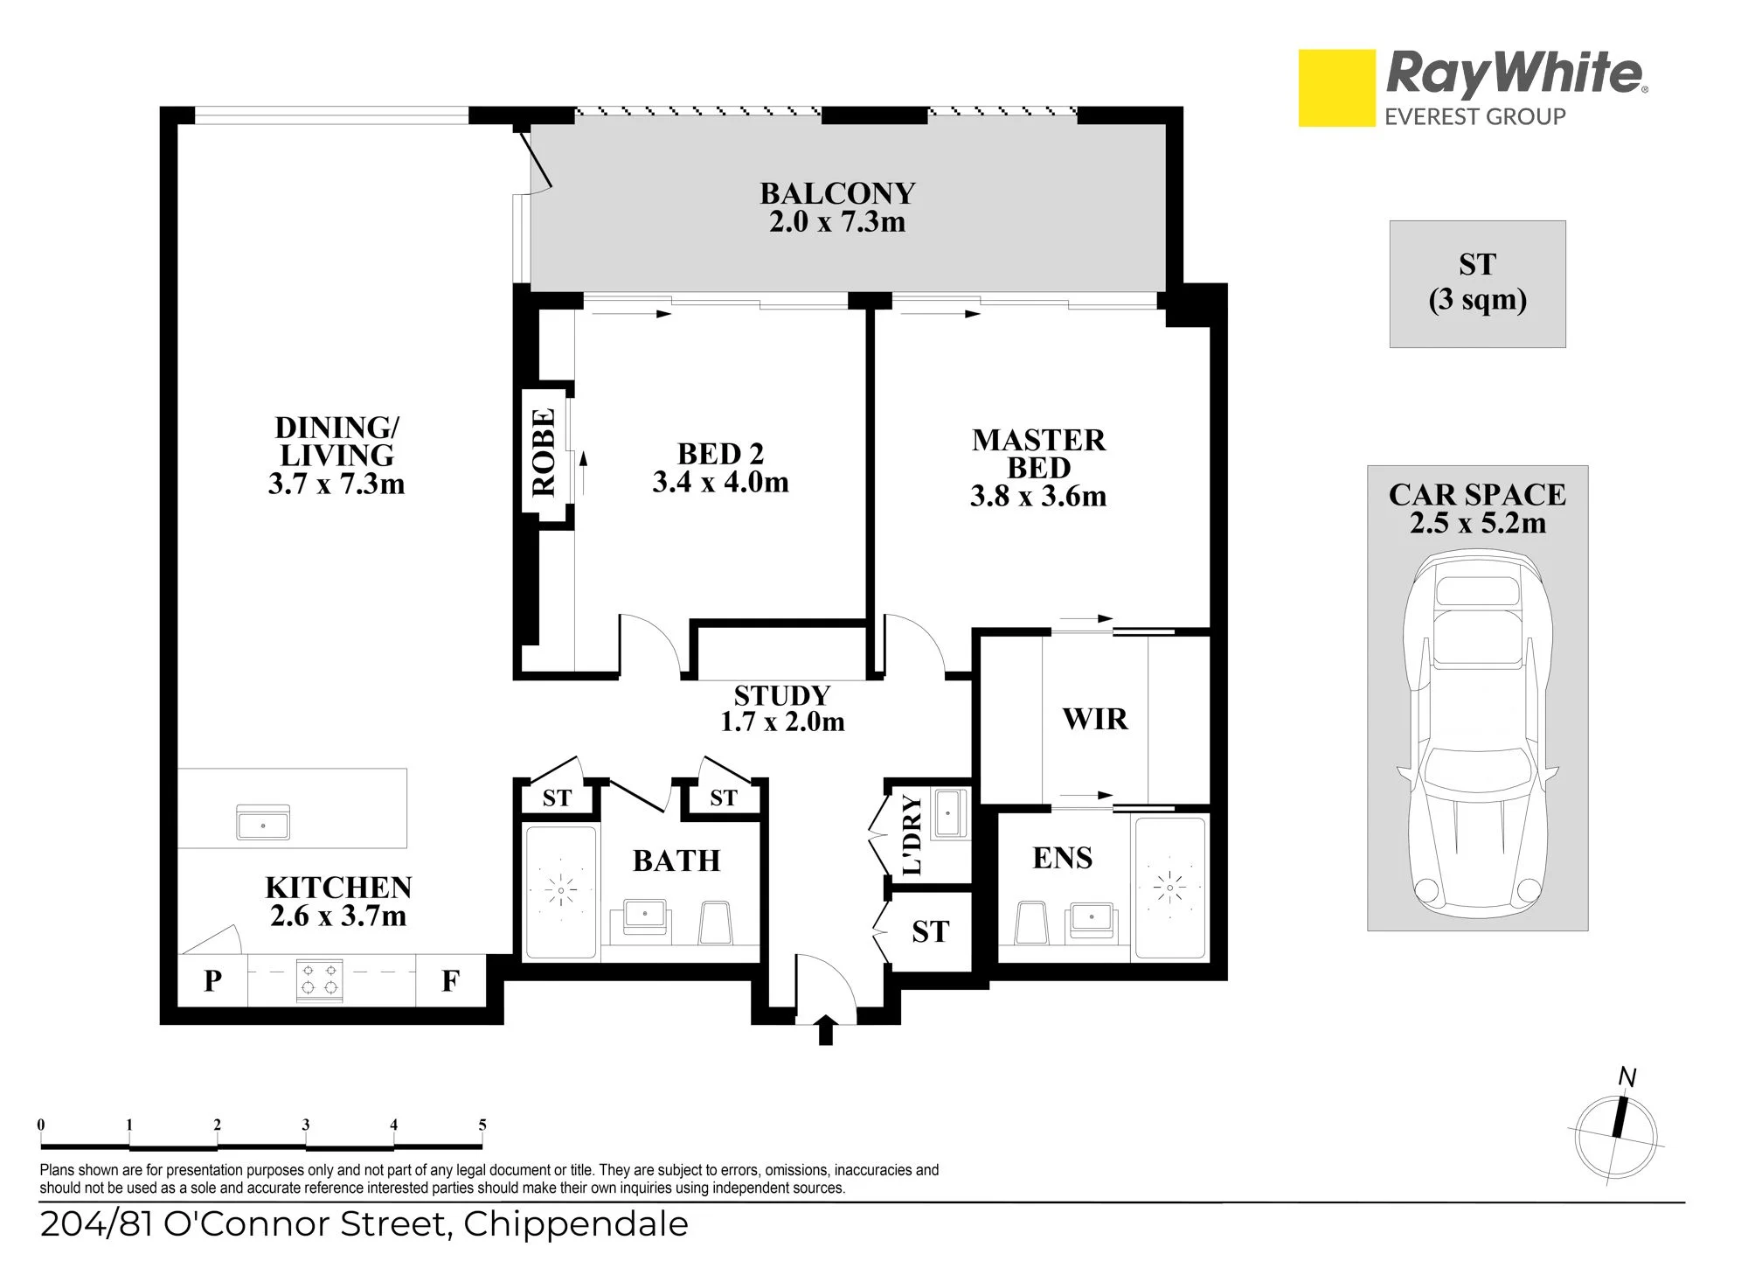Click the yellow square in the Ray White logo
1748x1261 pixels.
1336,87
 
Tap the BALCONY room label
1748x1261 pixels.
837,193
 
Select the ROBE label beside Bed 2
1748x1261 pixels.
544,452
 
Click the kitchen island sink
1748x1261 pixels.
263,823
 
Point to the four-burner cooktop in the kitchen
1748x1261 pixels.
320,980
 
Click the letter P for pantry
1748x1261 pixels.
212,981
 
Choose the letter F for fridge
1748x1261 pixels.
450,981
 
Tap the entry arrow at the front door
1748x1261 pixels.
825,1029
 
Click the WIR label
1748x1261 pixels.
1095,719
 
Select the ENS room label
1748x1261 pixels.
1063,858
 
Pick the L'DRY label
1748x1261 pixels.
912,834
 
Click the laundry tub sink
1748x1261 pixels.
948,813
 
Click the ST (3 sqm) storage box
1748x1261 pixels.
1478,284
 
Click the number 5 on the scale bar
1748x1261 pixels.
482,1125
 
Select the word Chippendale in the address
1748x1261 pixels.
576,1224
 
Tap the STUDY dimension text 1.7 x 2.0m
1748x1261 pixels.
782,721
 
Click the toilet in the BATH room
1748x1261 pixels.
716,923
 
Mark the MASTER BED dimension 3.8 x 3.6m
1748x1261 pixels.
1038,497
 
